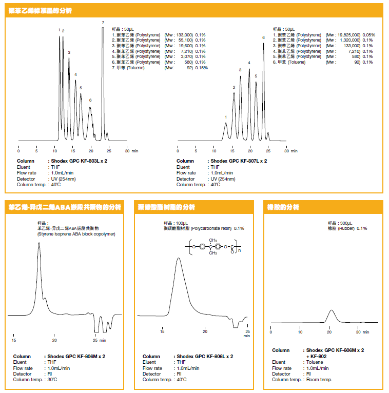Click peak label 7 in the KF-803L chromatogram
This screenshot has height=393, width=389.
pos(103,23)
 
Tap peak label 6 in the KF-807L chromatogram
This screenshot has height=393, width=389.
pos(263,37)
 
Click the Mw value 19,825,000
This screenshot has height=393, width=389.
pos(349,34)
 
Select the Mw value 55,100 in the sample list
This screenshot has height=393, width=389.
pos(185,40)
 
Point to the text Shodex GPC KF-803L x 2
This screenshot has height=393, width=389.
pos(79,161)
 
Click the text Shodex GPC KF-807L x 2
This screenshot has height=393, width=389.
pos(238,161)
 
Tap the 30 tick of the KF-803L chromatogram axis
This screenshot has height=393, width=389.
pos(127,151)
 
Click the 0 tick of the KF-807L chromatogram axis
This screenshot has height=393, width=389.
pos(178,151)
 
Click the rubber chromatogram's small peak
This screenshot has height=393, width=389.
pos(332,311)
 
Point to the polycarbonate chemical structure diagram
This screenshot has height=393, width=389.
pos(215,247)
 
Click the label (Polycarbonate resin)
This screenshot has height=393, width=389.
pos(212,228)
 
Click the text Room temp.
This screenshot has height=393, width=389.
pos(319,380)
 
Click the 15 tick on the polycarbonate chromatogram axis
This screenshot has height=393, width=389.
pos(162,332)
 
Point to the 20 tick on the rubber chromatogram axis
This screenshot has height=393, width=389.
pos(329,332)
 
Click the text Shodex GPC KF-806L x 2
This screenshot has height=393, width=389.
pos(204,356)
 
